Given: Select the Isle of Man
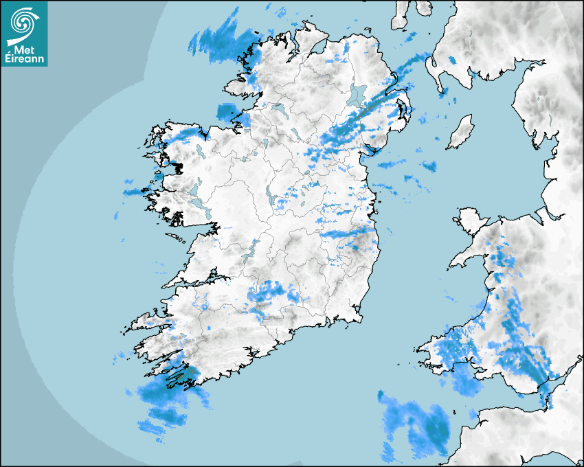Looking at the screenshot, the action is pos(460,132).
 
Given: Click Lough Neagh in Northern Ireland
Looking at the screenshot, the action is pos(358,95).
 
